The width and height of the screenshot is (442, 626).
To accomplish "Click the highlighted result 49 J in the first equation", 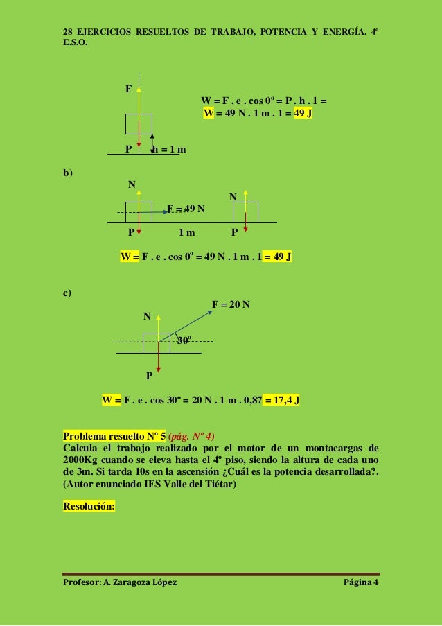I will tap(303, 113).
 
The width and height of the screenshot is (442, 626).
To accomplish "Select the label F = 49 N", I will tap(186, 208).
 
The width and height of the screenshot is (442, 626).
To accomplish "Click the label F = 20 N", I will tap(231, 304).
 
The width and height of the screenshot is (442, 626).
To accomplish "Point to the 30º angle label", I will tap(184, 340).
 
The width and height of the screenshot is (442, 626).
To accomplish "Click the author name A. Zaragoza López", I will tap(139, 581).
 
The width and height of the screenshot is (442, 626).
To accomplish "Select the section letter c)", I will tap(68, 293).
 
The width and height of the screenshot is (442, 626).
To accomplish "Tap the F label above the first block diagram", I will tap(128, 89).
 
